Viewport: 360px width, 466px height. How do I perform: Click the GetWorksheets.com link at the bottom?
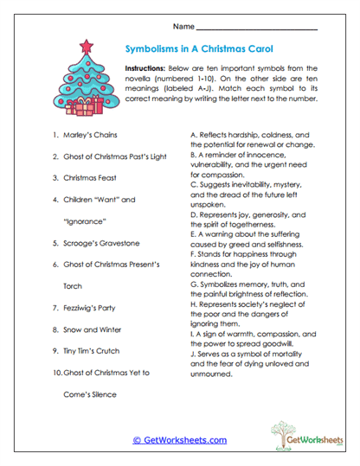179,440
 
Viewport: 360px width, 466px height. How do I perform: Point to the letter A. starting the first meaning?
193,136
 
